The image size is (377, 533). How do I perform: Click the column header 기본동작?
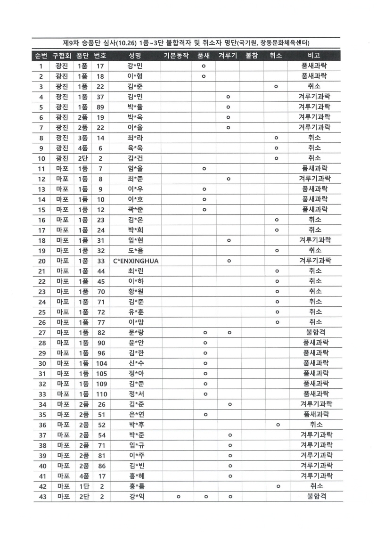176,56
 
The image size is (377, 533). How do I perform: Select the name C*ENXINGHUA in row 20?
136,261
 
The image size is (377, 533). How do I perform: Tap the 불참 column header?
251,56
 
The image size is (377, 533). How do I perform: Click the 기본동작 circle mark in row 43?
179,496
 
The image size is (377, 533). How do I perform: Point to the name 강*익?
136,496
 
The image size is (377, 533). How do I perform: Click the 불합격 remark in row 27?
315,332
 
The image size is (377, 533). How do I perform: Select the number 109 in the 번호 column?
101,384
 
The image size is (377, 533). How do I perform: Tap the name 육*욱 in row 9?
136,148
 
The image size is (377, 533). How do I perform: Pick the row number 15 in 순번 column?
41,209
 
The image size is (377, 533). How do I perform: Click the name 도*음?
136,250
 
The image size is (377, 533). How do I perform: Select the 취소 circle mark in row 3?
276,86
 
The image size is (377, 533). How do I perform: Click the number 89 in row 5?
100,107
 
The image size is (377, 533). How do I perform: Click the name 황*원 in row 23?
136,291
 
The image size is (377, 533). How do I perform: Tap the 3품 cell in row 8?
82,137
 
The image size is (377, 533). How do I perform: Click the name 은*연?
136,414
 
